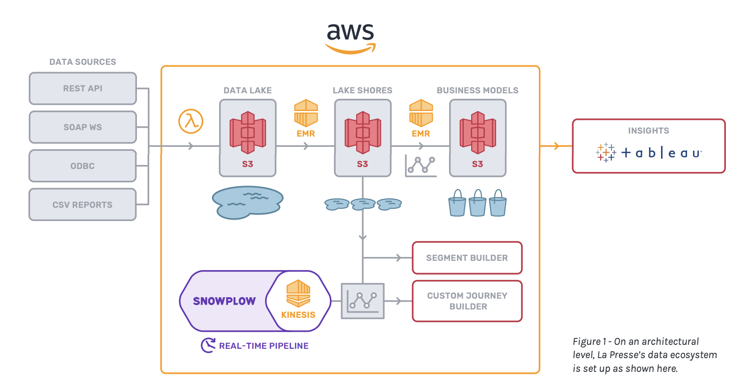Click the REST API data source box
pos(82,88)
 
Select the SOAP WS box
pos(82,127)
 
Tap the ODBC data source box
pos(82,166)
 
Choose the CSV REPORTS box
pos(82,204)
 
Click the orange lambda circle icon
pos(191,121)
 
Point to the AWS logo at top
pos(350,38)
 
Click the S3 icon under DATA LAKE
pos(247,132)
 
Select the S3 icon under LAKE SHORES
pos(363,132)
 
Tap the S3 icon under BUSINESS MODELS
pos(478,132)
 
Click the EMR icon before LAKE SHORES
pos(306,113)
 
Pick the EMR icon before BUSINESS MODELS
pos(421,113)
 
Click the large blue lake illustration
pos(248,201)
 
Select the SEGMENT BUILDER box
pos(467,258)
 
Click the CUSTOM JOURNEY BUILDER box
pos(467,301)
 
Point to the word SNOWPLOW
pos(224,301)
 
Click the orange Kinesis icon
pos(298,293)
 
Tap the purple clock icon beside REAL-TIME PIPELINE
pos(208,345)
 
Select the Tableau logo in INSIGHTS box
pos(649,153)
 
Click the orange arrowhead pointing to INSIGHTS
pos(556,146)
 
